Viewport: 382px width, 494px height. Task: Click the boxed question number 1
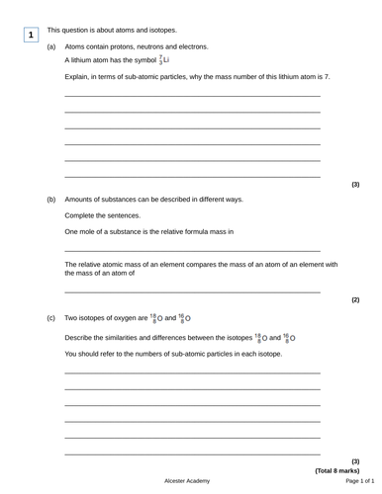coord(31,35)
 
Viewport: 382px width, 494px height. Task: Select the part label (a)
coord(51,46)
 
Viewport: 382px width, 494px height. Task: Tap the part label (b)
coord(51,199)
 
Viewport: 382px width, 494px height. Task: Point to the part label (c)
coord(51,319)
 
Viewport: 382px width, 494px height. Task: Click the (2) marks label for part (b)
coord(355,299)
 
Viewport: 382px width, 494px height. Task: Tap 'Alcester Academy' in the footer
coord(187,481)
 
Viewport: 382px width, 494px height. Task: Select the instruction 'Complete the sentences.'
coord(103,215)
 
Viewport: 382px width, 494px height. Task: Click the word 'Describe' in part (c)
coord(81,337)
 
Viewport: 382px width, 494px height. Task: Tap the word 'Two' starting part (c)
coord(72,319)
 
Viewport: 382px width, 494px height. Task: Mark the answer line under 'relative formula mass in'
coord(192,251)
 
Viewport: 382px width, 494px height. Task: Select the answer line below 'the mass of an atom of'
coord(192,292)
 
